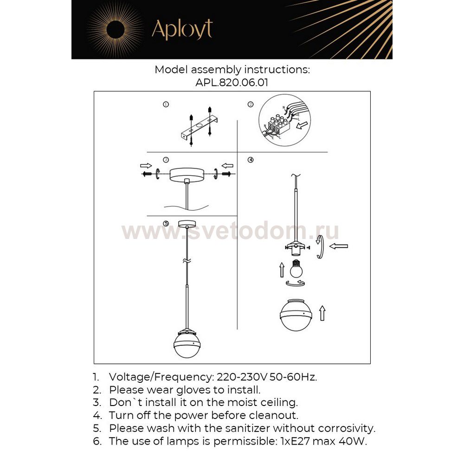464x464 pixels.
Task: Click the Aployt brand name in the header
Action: (182, 29)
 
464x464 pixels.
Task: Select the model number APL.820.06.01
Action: (232, 83)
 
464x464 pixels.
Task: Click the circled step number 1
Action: (166, 104)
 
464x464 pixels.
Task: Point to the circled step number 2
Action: (251, 104)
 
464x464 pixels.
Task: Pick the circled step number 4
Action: (251, 160)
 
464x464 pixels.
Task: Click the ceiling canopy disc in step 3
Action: (186, 174)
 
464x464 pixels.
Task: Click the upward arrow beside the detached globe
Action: (322, 313)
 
